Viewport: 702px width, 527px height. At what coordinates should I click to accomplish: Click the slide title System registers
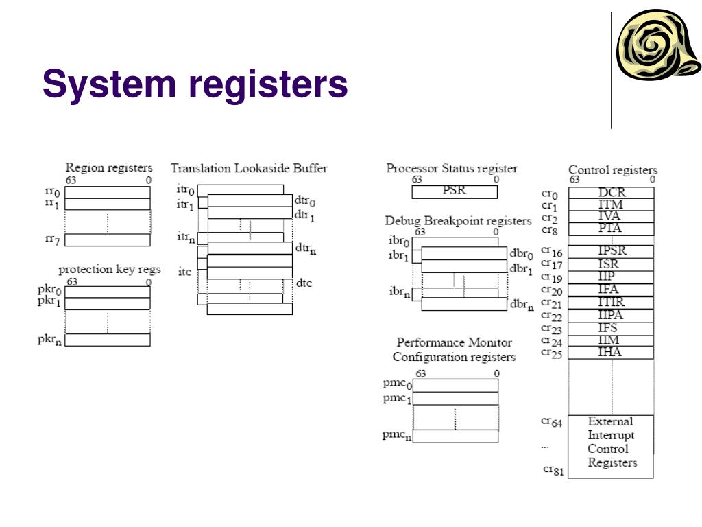pyautogui.click(x=195, y=84)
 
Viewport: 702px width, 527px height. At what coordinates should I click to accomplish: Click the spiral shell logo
pyautogui.click(x=657, y=47)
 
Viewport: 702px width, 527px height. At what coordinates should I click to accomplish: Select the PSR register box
pyautogui.click(x=455, y=191)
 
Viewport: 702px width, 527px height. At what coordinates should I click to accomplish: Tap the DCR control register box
pyautogui.click(x=611, y=193)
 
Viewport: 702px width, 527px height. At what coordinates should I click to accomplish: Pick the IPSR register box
pyautogui.click(x=611, y=251)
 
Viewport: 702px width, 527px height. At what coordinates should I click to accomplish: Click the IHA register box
pyautogui.click(x=611, y=352)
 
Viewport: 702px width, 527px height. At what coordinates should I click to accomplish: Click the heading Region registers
pyautogui.click(x=109, y=167)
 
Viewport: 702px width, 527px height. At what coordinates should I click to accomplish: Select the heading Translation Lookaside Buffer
pyautogui.click(x=249, y=168)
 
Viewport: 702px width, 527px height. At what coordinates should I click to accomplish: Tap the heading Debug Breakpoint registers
pyautogui.click(x=458, y=221)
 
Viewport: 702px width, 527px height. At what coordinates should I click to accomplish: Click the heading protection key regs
pyautogui.click(x=110, y=270)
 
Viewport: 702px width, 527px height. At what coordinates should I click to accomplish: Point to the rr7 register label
pyautogui.click(x=53, y=240)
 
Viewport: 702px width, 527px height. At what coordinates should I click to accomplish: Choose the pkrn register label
pyautogui.click(x=50, y=340)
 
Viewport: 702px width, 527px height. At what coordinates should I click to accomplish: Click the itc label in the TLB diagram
pyautogui.click(x=184, y=272)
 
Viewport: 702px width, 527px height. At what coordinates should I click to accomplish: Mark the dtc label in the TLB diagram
pyautogui.click(x=304, y=283)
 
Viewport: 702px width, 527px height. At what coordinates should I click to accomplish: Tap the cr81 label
pyautogui.click(x=553, y=470)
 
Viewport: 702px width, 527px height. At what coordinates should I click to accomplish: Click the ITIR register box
pyautogui.click(x=611, y=302)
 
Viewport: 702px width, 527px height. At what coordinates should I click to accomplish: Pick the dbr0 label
pyautogui.click(x=521, y=253)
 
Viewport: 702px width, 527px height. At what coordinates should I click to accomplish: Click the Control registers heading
pyautogui.click(x=612, y=169)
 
